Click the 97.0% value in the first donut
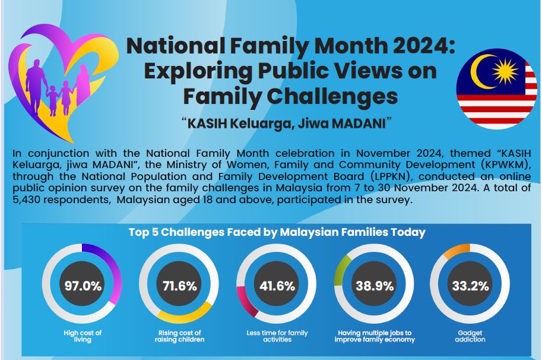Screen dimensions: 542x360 (83, 286)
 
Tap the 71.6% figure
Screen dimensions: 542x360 (180, 286)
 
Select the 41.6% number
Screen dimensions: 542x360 (277, 286)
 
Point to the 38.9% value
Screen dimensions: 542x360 (375, 286)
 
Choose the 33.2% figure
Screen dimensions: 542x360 (470, 286)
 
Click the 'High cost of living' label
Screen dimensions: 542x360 (83, 336)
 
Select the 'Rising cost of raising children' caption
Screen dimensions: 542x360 (179, 336)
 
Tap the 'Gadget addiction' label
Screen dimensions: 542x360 (470, 336)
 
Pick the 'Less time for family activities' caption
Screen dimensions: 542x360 (277, 336)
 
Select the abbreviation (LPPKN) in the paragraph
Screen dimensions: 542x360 (391, 176)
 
